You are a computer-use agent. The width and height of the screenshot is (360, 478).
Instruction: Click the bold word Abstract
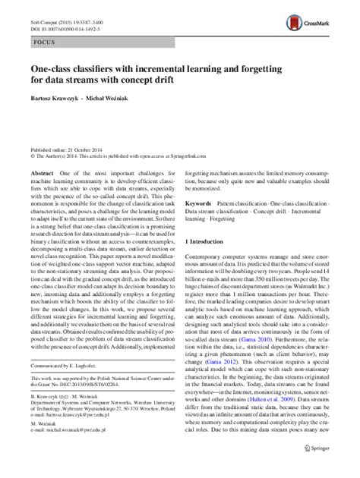(x=43, y=174)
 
